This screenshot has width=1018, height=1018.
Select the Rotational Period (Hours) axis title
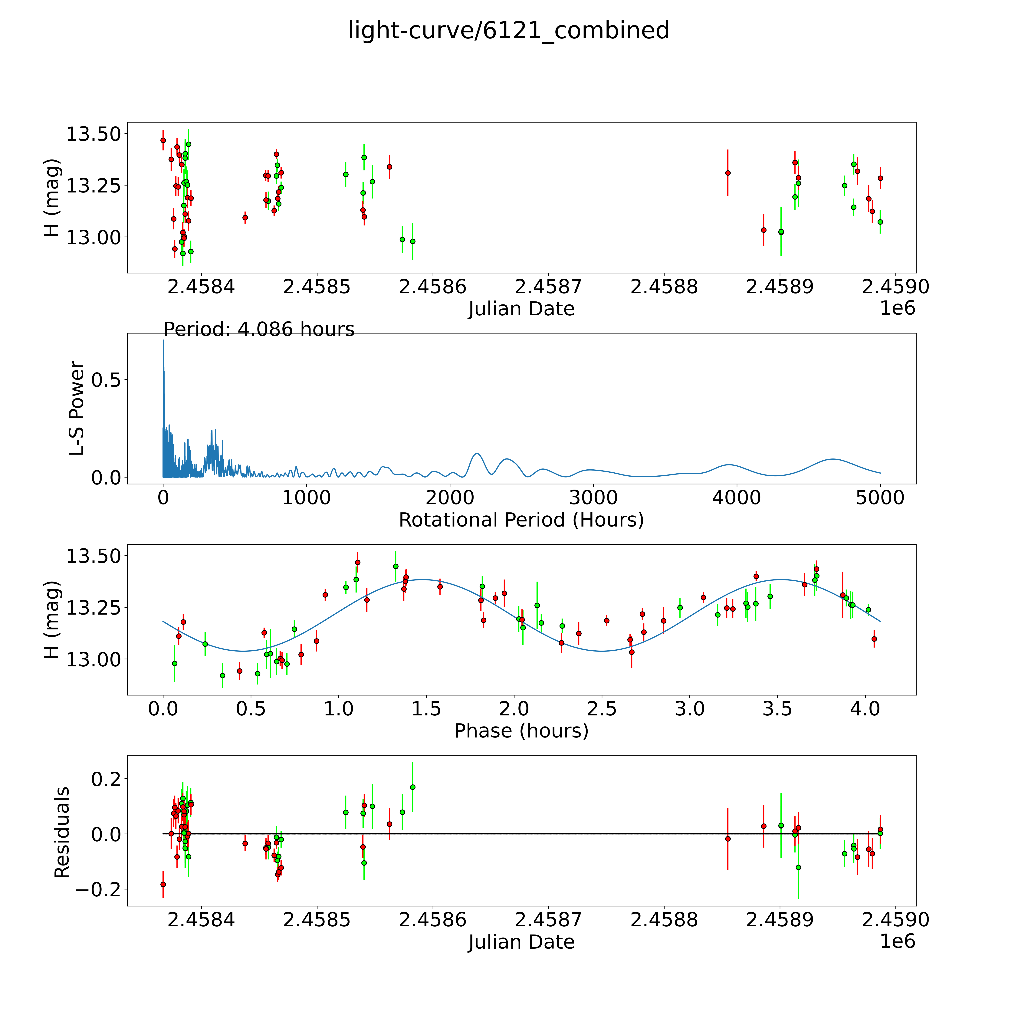(521, 520)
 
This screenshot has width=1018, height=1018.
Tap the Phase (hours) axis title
(521, 731)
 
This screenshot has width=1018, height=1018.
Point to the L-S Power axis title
(77, 408)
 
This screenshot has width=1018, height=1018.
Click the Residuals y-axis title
(62, 832)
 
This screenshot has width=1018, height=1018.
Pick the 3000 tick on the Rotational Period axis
(593, 498)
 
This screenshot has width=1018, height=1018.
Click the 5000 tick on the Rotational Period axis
(880, 498)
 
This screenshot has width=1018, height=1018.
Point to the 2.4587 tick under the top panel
(548, 287)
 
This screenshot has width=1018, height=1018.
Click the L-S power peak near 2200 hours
(476, 454)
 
